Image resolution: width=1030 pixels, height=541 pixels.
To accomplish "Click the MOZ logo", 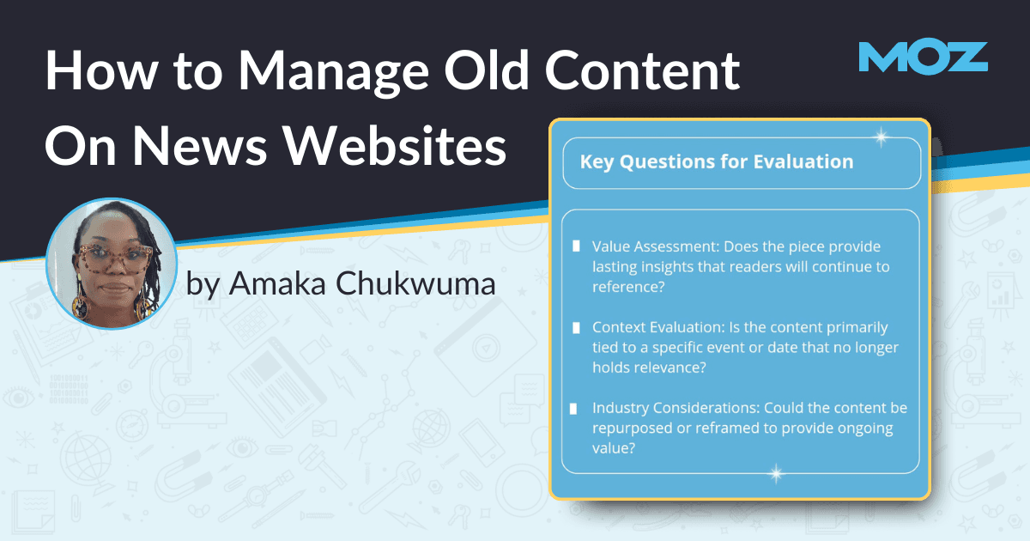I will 923,57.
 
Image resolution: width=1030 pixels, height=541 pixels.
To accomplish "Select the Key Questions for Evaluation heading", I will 717,161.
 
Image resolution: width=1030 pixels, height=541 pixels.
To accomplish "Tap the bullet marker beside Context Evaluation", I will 576,328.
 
